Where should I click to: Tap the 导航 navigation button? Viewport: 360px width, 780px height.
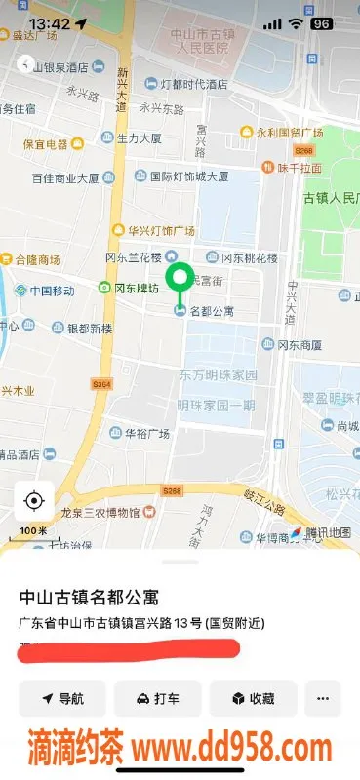[x=61, y=699]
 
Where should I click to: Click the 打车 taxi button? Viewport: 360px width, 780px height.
[x=158, y=699]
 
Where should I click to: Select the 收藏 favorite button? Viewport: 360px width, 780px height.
[x=253, y=699]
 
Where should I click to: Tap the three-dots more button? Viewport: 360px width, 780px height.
[x=323, y=699]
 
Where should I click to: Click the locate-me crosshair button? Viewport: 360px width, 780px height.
[x=34, y=502]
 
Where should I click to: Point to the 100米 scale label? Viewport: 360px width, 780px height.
[x=33, y=530]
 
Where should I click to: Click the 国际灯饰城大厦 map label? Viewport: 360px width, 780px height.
[x=189, y=177]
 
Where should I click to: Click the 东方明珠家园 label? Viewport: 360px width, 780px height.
[x=218, y=374]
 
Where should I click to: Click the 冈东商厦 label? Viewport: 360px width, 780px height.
[x=299, y=344]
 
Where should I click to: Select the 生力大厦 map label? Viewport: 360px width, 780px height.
[x=140, y=138]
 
